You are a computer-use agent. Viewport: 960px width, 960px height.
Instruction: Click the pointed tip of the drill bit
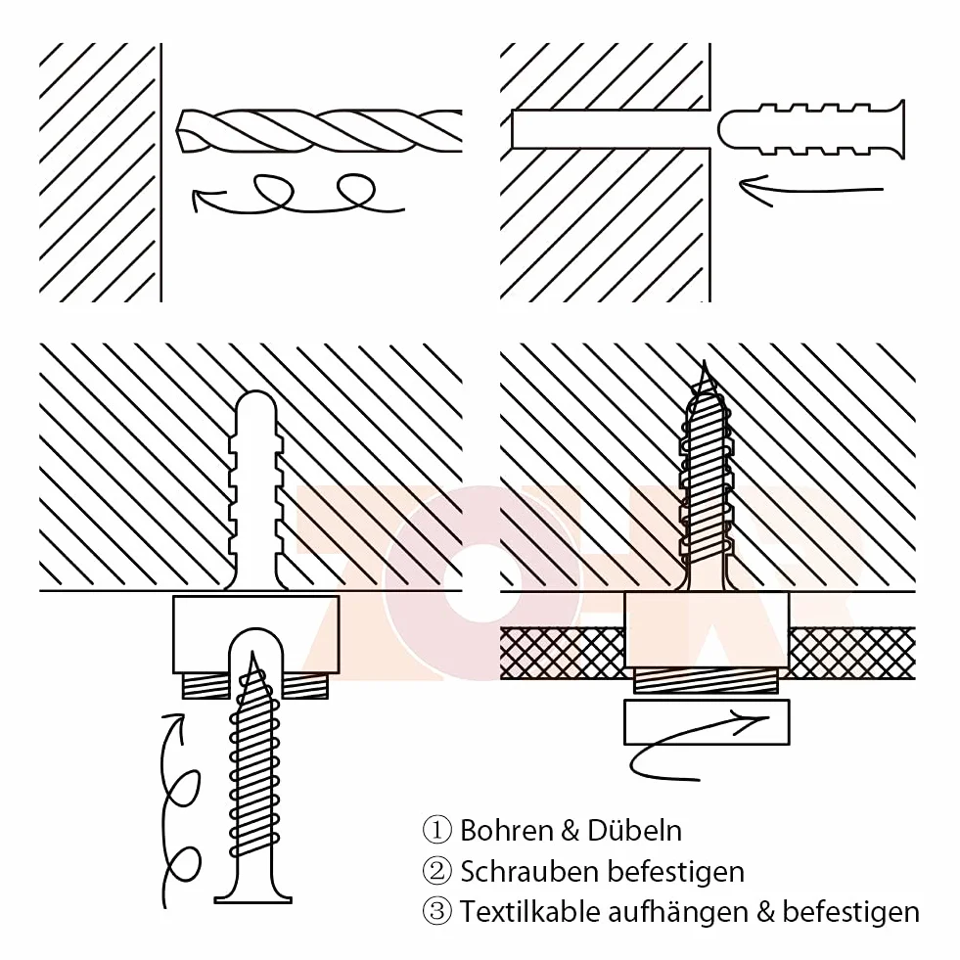[177, 131]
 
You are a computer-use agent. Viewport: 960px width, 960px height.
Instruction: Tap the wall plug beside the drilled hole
[811, 128]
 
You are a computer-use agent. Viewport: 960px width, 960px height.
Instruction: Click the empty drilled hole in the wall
[611, 128]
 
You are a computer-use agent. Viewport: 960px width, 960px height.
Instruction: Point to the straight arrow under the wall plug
[811, 187]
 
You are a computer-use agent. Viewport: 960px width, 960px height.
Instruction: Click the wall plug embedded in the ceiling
[255, 490]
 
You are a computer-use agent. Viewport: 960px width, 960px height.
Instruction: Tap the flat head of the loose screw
[252, 898]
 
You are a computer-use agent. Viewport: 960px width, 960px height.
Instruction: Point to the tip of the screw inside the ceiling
[705, 361]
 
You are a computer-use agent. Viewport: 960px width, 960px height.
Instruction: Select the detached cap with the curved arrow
[707, 722]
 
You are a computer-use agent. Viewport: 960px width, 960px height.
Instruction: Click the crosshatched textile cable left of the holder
[563, 654]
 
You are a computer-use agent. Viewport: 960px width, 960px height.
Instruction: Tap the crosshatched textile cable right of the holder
[852, 654]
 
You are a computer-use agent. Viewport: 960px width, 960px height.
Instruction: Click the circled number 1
[437, 830]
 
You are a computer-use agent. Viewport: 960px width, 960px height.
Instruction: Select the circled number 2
[437, 871]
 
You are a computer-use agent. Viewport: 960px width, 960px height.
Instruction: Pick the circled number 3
[437, 912]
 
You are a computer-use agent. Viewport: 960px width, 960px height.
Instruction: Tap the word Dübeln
[634, 830]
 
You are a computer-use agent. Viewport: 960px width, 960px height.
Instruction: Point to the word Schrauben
[528, 871]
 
